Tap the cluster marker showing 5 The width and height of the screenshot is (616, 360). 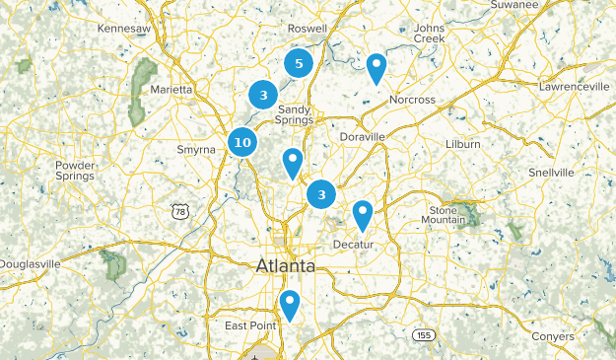299,64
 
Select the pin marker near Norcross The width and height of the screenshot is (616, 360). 376,68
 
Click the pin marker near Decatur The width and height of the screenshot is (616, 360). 363,213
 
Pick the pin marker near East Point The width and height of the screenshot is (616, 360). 289,304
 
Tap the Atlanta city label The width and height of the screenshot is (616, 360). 286,266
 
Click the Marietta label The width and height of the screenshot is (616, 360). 171,90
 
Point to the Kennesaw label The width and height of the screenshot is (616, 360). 123,29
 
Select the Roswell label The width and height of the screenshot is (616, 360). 308,29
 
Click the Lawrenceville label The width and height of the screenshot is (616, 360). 575,87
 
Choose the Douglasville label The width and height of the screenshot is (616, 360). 29,264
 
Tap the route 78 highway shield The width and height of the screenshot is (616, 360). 178,211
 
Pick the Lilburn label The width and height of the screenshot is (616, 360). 462,144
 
